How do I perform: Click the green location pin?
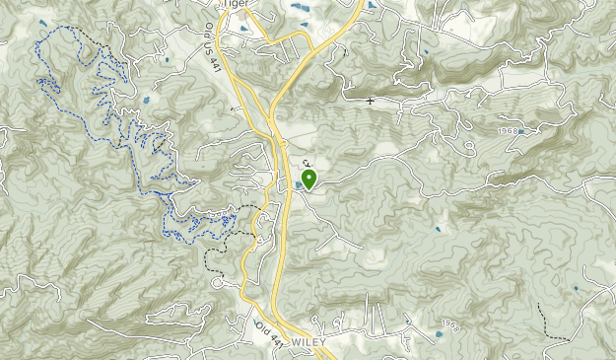point(309,179)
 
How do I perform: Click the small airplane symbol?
point(371,101)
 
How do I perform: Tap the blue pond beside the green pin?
point(298,184)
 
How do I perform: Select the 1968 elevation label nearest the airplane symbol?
point(508,130)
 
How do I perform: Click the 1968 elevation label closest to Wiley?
point(451,324)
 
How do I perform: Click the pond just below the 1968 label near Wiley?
point(439,334)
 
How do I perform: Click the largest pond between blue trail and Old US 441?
point(146,99)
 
